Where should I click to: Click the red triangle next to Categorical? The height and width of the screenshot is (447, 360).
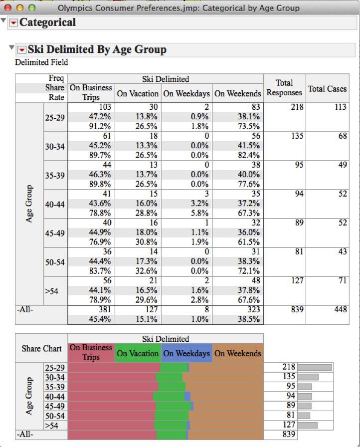tap(13, 23)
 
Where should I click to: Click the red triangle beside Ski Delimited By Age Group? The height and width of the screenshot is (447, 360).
tap(21, 50)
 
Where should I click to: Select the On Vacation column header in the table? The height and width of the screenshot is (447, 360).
tap(138, 93)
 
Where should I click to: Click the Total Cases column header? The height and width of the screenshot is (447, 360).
tap(327, 89)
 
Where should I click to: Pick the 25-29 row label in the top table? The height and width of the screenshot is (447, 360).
tap(54, 116)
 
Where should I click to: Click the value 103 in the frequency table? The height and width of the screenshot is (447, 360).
tap(105, 107)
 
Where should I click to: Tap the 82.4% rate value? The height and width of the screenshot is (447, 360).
tap(249, 155)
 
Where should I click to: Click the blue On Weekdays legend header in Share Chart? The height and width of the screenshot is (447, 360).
tap(186, 353)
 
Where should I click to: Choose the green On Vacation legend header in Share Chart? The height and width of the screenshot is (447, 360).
tap(138, 353)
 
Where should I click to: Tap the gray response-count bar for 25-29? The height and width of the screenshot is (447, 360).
tap(315, 367)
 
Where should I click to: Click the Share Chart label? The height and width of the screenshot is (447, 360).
tap(41, 348)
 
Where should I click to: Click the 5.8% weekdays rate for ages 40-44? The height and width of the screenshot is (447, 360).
tap(201, 213)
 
